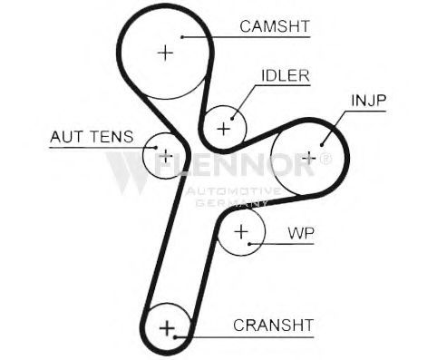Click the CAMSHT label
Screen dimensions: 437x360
pos(275,26)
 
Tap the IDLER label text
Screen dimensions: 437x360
pos(286,75)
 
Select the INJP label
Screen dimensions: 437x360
pos(369,101)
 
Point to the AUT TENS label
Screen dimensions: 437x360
pos(92,137)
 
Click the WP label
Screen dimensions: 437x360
pos(301,233)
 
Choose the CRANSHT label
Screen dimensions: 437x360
pos(273,326)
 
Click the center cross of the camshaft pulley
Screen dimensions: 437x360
pos(166,53)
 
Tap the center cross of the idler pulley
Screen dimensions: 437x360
pos(224,129)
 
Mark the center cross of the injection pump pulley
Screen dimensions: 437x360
pos(309,158)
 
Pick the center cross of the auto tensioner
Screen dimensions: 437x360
pos(166,156)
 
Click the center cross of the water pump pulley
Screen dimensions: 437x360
pos(241,232)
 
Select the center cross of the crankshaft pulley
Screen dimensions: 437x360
pos(167,328)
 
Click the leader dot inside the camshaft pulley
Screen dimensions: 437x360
pos(182,37)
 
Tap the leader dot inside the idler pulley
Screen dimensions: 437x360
pos(232,119)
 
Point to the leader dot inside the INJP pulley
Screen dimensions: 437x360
pos(322,145)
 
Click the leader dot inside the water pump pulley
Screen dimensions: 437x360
pos(249,244)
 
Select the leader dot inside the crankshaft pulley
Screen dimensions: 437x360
pos(175,336)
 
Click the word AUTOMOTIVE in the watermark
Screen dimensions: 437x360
pos(233,191)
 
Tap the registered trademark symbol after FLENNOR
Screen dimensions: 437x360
pos(325,159)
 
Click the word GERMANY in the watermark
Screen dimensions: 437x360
pos(232,203)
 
